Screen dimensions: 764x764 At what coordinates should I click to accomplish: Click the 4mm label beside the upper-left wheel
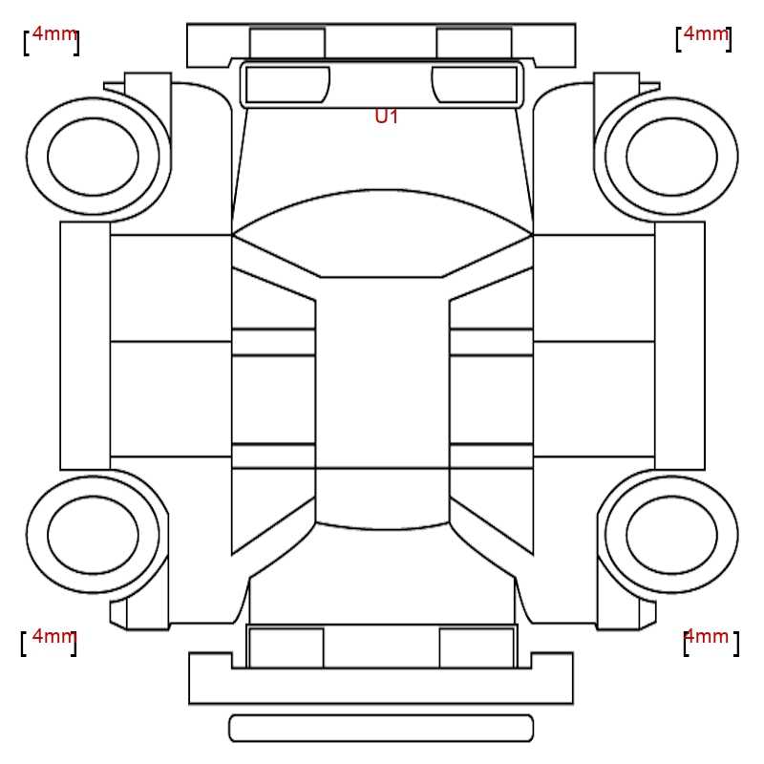pos(54,34)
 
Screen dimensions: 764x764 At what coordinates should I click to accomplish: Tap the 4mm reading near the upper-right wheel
pos(706,33)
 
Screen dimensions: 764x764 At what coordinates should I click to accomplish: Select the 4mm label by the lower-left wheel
pos(54,636)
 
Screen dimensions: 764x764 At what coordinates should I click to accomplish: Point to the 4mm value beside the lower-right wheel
pos(706,636)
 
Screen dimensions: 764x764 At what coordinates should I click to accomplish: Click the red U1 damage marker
pos(387,117)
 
